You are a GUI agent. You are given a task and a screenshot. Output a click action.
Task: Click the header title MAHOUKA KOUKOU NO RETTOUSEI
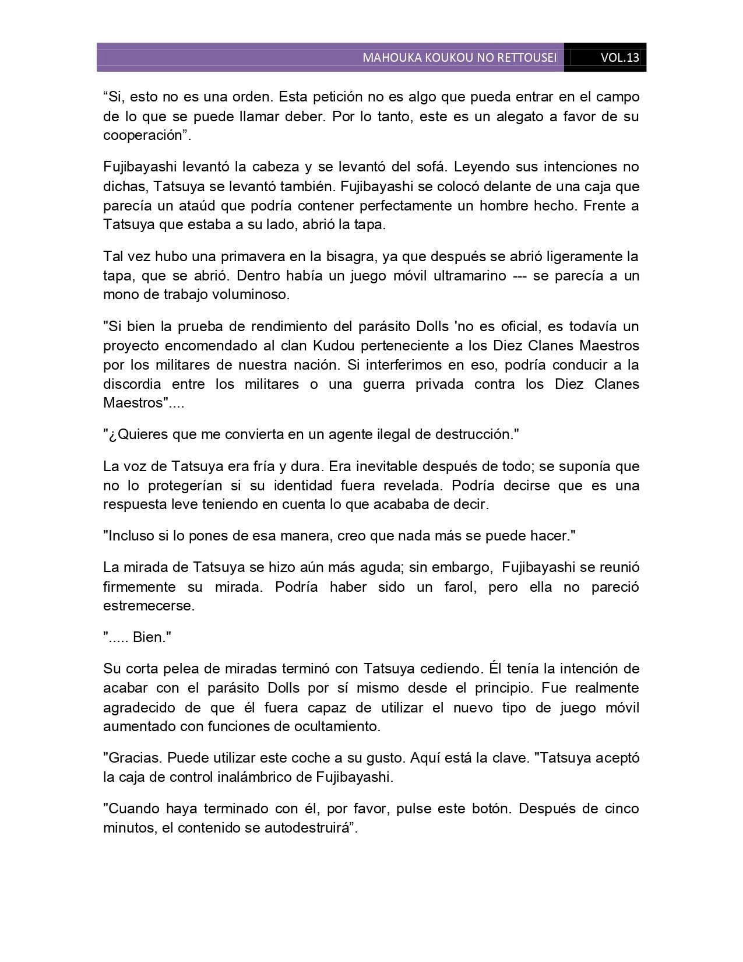pyautogui.click(x=459, y=58)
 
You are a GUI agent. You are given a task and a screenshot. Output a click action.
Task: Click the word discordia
pyautogui.click(x=132, y=384)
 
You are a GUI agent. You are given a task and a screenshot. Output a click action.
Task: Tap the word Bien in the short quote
pyautogui.click(x=149, y=637)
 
